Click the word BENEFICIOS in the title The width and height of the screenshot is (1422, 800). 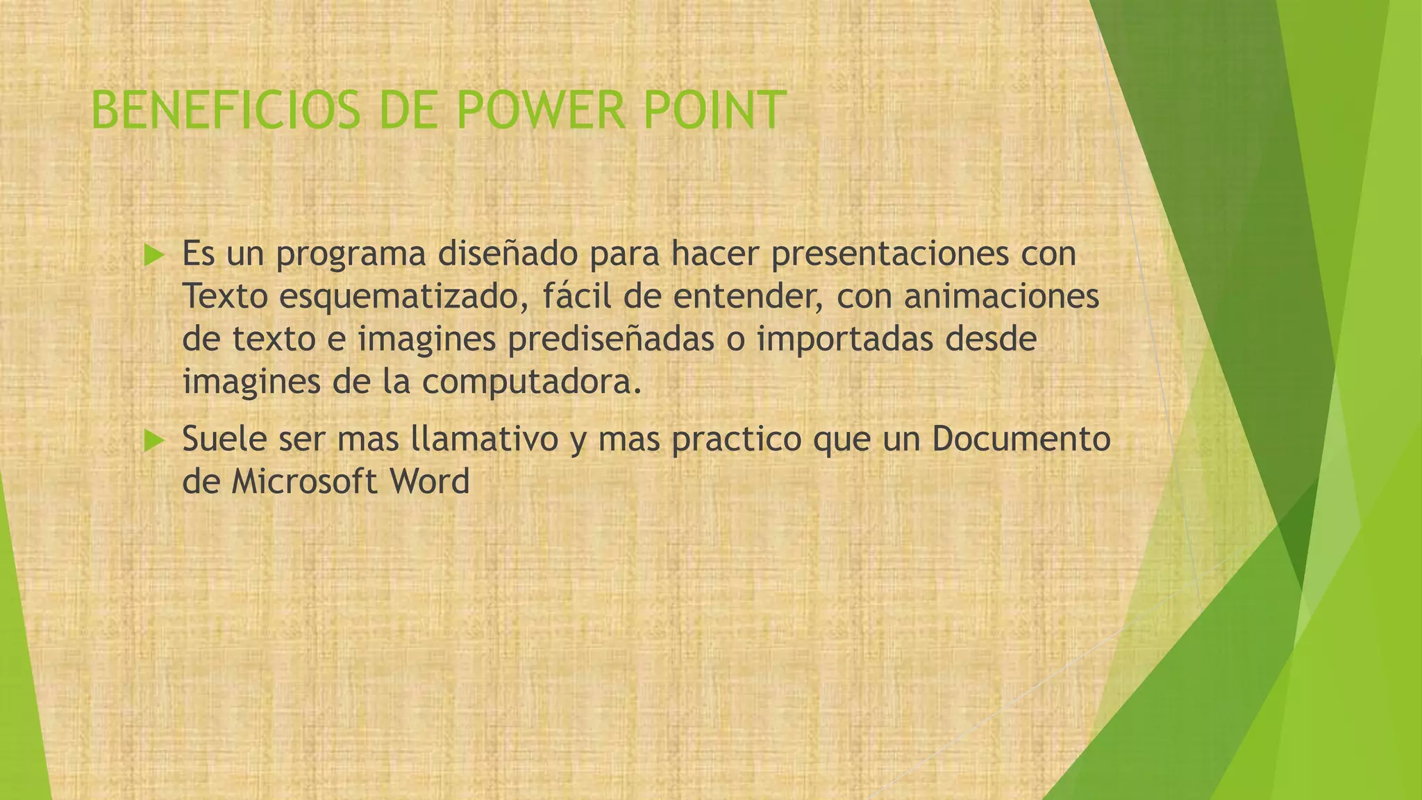coord(226,111)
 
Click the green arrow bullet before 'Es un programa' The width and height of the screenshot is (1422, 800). coord(153,256)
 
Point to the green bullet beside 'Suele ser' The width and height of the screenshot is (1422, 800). coord(153,440)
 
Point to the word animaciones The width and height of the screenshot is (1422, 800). coord(1002,297)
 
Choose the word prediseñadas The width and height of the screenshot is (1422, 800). coord(611,340)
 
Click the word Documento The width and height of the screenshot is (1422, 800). coord(1021,439)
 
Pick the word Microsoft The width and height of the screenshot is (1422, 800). coord(305,482)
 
